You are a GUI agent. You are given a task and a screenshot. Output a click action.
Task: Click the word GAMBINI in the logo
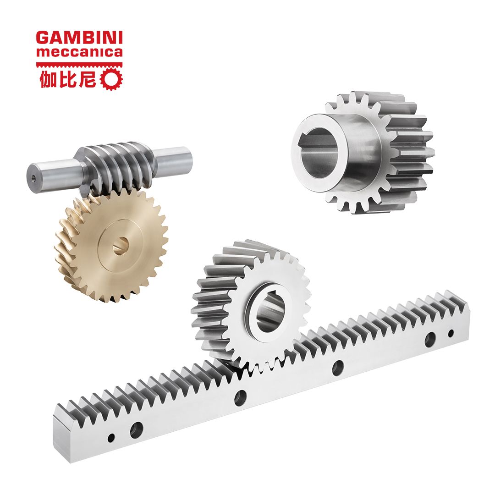[79, 38]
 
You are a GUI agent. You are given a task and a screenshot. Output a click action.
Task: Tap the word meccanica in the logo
[79, 52]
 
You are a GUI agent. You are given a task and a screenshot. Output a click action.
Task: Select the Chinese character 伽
[48, 79]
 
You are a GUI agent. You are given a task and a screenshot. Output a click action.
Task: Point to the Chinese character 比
[67, 79]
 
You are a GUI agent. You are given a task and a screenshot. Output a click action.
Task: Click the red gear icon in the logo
[111, 79]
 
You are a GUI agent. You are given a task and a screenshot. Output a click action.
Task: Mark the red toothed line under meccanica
[79, 65]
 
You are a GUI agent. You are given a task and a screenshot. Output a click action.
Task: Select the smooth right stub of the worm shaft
[174, 160]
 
